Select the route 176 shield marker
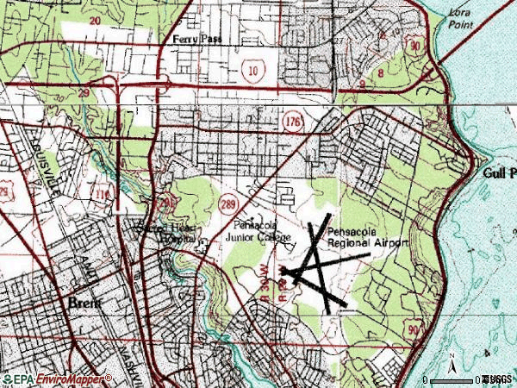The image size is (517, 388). (292, 124)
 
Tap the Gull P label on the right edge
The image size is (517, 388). (498, 172)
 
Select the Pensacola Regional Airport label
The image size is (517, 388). (366, 238)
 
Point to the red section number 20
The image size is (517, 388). (94, 19)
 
